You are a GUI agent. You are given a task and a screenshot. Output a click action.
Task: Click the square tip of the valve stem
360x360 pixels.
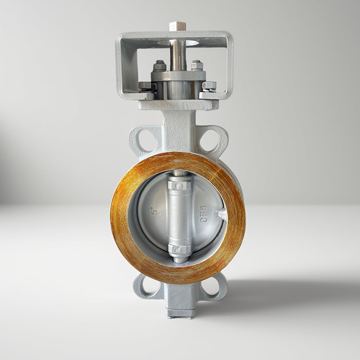click(174, 27)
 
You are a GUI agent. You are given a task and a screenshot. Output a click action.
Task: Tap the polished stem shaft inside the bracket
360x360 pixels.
click(176, 55)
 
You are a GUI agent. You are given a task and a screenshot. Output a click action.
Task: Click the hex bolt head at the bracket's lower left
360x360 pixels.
click(145, 87)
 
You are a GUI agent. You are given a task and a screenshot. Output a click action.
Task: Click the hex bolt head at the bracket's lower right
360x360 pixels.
click(209, 86)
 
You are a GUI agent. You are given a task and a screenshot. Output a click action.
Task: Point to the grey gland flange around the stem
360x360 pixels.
click(178, 76)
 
